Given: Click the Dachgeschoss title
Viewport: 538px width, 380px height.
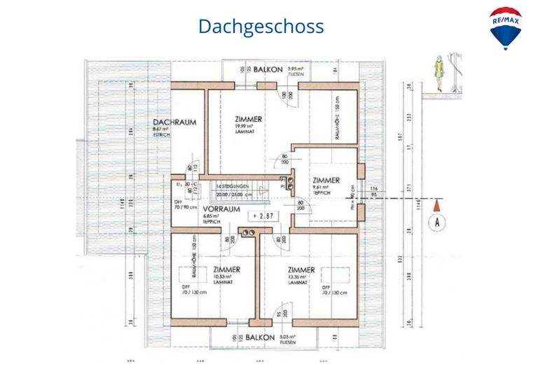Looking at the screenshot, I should click(261, 27).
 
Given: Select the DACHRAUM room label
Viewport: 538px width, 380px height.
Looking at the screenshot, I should click(174, 122).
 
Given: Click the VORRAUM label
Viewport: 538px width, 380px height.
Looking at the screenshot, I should click(221, 209).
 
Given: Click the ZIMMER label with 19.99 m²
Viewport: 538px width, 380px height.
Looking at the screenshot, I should click(249, 120).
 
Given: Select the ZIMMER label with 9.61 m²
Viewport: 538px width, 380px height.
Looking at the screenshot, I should click(326, 180).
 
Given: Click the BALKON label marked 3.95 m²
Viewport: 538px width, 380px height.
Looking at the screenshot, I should click(268, 70).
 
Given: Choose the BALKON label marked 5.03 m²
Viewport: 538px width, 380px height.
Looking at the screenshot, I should click(260, 337).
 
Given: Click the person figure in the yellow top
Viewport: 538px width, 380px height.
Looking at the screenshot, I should click(439, 71).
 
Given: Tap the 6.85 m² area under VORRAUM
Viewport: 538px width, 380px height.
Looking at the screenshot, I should click(212, 217).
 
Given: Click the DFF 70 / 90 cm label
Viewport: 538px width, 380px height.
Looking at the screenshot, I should click(184, 204).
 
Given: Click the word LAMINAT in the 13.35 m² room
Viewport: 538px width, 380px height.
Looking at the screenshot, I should click(297, 283).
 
